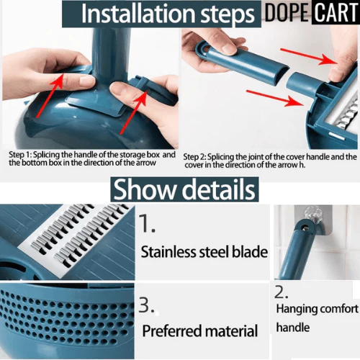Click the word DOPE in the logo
coord(287,12)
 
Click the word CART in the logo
coord(336,12)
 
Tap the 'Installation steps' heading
coord(168,14)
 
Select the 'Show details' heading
coord(184,189)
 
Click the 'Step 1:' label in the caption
coord(20,155)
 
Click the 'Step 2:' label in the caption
coord(194,157)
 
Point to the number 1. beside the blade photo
coord(147,223)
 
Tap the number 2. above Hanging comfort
coord(282,292)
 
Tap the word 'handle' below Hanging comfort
coord(293,328)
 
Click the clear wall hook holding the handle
coord(311,216)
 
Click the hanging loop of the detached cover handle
coord(203,50)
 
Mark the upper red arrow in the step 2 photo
coord(310,56)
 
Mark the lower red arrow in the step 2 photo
coord(275,98)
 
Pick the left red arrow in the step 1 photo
coord(50,95)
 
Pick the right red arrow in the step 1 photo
coord(134,112)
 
